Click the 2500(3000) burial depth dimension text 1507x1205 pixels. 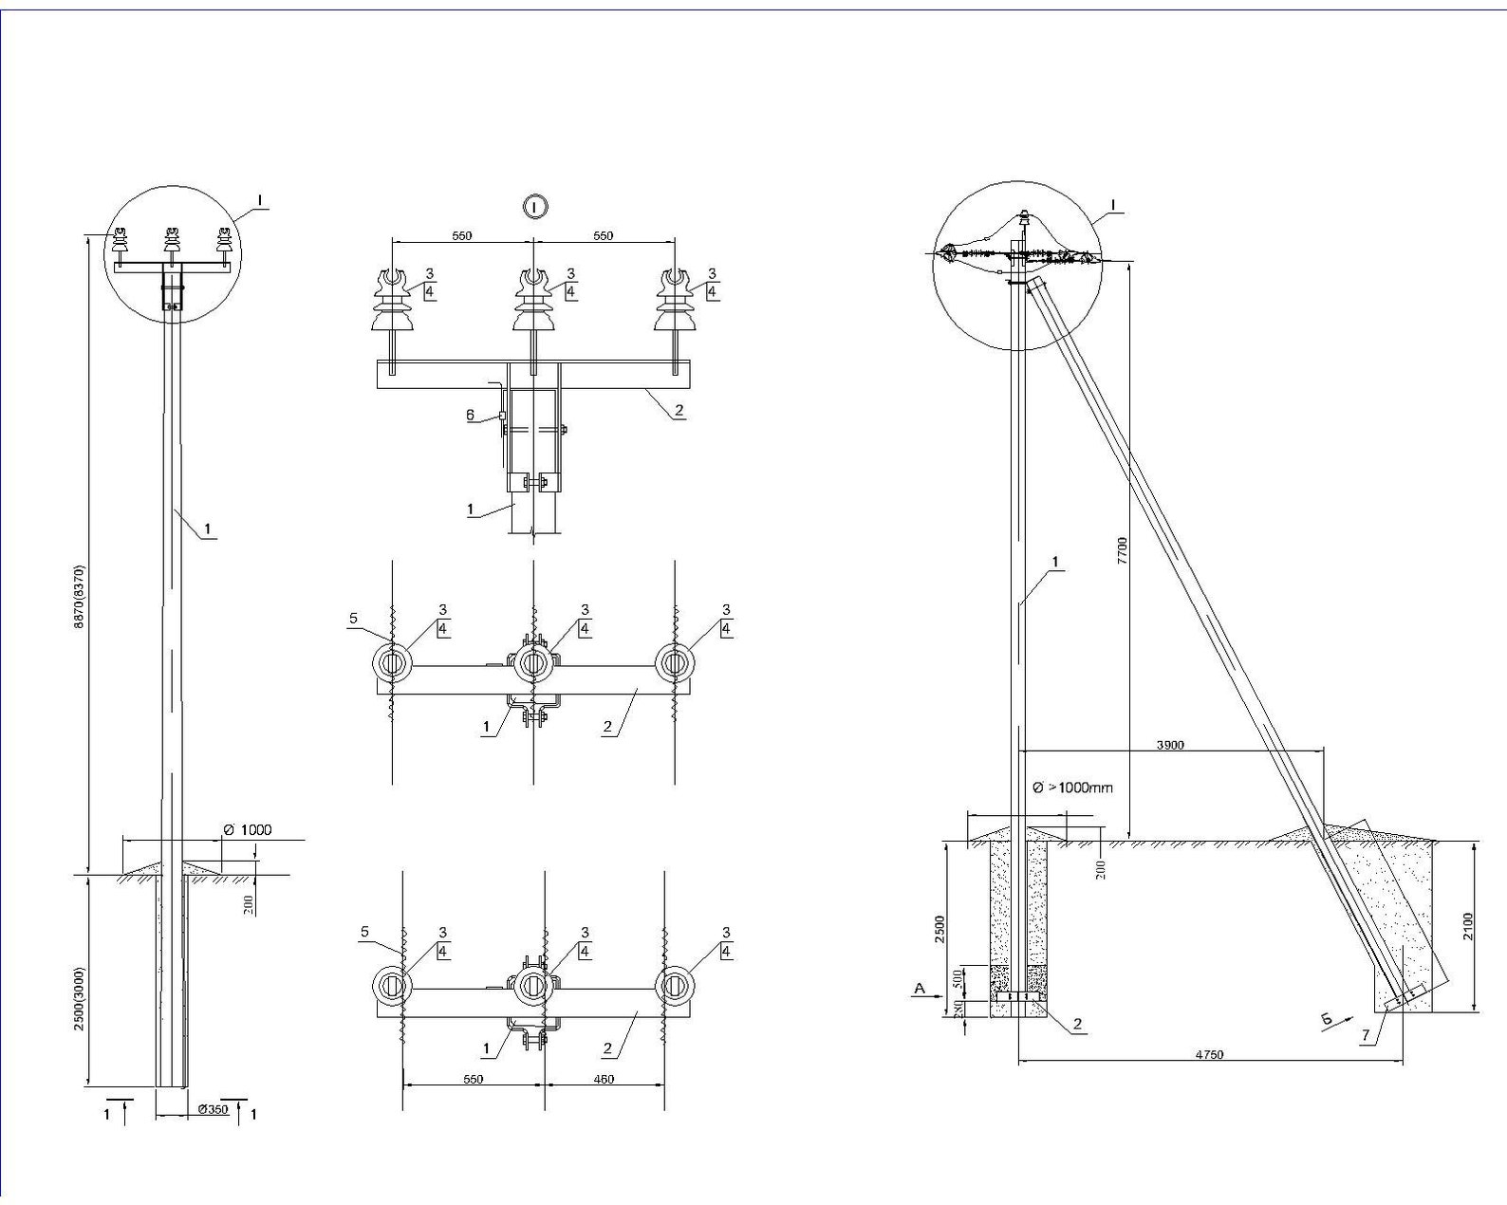coord(81,998)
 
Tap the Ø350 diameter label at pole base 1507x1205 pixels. coord(214,1109)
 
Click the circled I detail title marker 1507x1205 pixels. coord(536,206)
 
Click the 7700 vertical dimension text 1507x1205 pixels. coord(1123,550)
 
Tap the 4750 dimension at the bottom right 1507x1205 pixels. coord(1210,1054)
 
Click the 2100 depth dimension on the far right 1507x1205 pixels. coord(1469,925)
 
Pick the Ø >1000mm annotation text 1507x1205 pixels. coord(1072,788)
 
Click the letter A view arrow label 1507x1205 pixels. coord(918,989)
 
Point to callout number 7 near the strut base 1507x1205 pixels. coord(1365,1036)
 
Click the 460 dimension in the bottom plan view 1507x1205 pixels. coord(603,1079)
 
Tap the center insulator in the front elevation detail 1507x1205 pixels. coord(533,304)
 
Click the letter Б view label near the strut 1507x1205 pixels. coord(1328,1020)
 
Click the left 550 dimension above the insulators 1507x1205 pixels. coord(461,236)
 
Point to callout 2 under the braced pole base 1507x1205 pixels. coord(1078,1025)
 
